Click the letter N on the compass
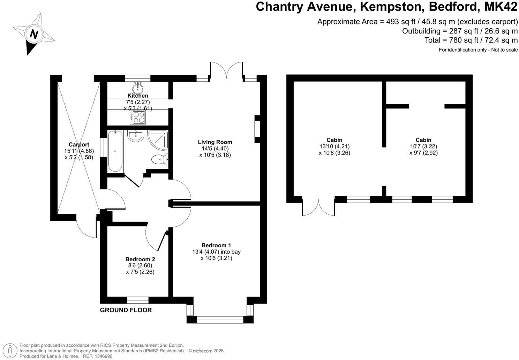click(x=34, y=34)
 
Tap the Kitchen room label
click(x=138, y=96)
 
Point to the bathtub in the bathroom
click(x=115, y=151)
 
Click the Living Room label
click(x=215, y=142)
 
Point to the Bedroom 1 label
click(x=216, y=245)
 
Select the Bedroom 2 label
click(x=140, y=259)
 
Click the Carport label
click(x=79, y=144)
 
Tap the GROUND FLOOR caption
click(x=126, y=310)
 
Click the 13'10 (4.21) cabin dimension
click(x=334, y=147)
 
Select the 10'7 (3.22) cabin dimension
click(x=423, y=147)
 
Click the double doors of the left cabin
click(x=318, y=207)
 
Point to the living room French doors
click(x=226, y=70)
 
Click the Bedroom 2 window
click(x=138, y=300)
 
